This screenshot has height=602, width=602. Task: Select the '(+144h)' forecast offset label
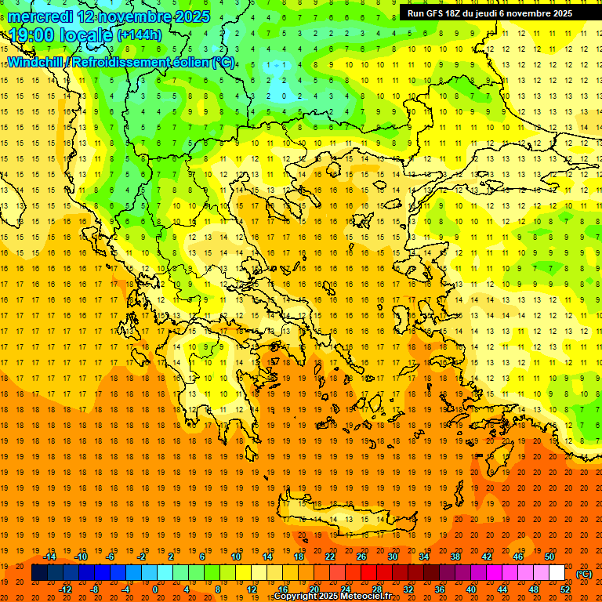point(140,34)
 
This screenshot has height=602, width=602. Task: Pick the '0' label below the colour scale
point(155,589)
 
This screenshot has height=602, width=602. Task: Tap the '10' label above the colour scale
point(235,556)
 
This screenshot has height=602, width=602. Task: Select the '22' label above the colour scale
point(329,556)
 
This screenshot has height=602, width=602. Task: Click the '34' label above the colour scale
point(423,556)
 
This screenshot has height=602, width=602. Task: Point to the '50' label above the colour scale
point(549,556)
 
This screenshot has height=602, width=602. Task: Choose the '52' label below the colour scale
point(565,589)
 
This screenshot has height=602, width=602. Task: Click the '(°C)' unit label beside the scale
point(583,573)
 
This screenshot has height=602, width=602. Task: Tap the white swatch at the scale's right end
point(557,573)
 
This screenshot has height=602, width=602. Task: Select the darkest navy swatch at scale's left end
point(39,573)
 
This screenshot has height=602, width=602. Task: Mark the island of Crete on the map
point(345,517)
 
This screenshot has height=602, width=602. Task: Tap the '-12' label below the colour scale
point(65,589)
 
